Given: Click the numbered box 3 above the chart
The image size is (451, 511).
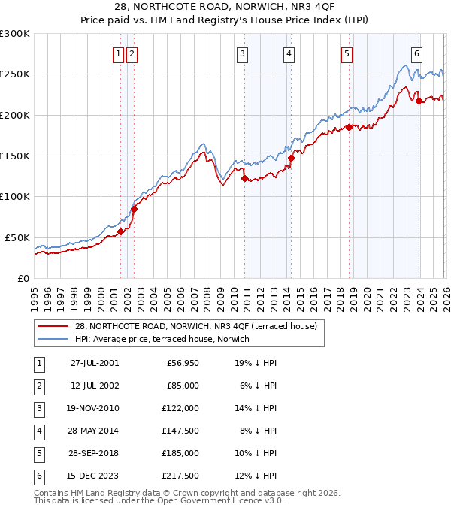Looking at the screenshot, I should click(x=243, y=53).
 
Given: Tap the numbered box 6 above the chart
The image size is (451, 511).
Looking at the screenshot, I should click(x=416, y=53).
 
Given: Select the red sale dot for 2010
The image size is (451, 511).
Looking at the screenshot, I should click(x=244, y=179).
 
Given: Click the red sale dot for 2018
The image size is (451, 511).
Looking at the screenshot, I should click(x=349, y=128).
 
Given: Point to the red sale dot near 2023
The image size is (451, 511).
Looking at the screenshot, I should click(x=419, y=101).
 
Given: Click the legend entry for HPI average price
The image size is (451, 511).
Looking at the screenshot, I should click(x=162, y=339).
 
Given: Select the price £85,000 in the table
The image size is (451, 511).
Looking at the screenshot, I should click(x=182, y=386).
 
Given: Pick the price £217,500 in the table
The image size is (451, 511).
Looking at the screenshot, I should click(x=180, y=476).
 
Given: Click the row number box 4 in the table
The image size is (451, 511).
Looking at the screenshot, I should click(x=38, y=431).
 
